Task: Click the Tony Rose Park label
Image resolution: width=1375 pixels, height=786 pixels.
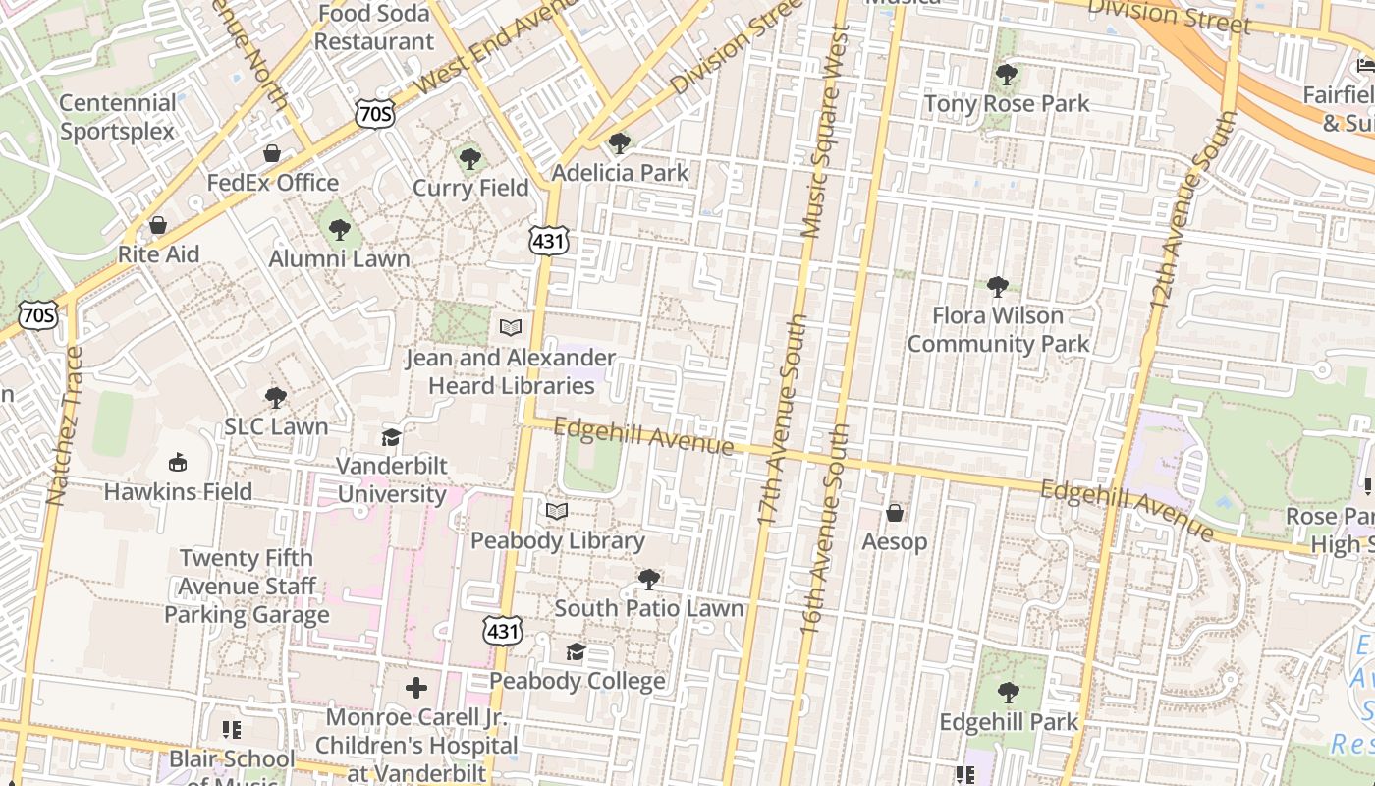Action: click(1007, 103)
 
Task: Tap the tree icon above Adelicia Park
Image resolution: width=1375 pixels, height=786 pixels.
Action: click(620, 144)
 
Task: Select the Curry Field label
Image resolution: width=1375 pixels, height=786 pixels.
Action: click(470, 188)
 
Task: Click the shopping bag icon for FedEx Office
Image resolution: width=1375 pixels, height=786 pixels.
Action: click(272, 153)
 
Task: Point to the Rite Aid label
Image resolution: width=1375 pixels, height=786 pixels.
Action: click(158, 254)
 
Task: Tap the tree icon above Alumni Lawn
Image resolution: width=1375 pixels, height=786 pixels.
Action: click(340, 230)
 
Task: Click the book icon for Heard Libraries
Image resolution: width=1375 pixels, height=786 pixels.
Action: click(511, 327)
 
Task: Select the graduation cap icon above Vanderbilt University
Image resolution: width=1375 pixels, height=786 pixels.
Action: click(391, 437)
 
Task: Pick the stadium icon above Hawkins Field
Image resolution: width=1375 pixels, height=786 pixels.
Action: click(178, 462)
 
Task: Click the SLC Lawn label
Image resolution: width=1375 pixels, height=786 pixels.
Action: click(276, 426)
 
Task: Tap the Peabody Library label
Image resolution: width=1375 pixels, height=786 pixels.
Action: click(557, 540)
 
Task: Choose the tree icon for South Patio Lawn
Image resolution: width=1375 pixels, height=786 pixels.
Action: click(648, 579)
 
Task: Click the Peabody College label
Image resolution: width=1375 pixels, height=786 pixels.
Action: click(577, 681)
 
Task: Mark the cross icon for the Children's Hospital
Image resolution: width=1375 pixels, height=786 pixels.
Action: click(416, 688)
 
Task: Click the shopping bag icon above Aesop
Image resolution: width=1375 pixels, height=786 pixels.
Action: click(895, 513)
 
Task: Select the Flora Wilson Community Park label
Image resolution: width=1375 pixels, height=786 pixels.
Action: click(998, 329)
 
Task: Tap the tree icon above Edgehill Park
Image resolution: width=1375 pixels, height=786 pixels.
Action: click(1008, 693)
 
